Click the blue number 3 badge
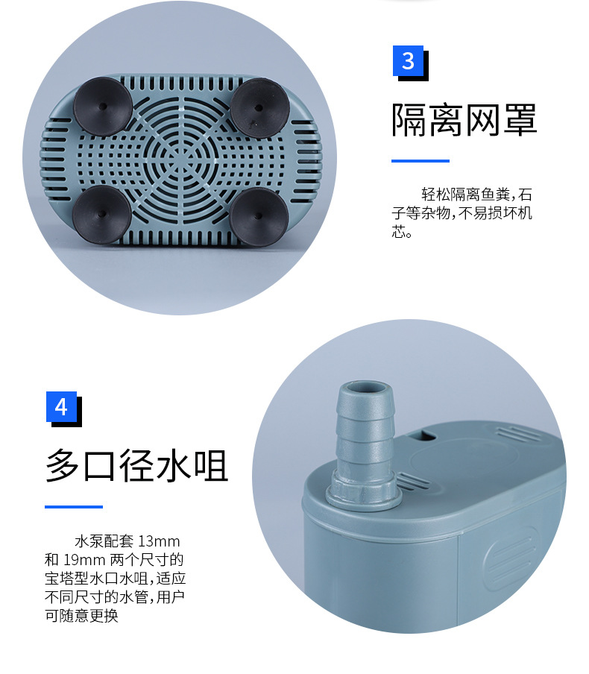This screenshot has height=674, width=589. click(x=408, y=60)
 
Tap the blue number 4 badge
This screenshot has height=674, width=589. click(x=61, y=406)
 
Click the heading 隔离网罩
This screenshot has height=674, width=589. click(x=464, y=120)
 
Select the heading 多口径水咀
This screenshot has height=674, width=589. click(x=136, y=465)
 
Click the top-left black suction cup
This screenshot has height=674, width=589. click(x=102, y=106)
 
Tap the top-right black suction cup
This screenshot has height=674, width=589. click(x=259, y=107)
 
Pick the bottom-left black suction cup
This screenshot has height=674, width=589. click(x=101, y=214)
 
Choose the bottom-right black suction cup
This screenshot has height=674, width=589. click(x=259, y=216)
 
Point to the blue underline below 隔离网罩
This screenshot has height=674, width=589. click(x=420, y=161)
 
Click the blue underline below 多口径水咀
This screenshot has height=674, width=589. click(x=74, y=507)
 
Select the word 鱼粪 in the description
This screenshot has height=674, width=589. click(x=495, y=195)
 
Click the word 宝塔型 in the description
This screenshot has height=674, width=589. click(x=66, y=579)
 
